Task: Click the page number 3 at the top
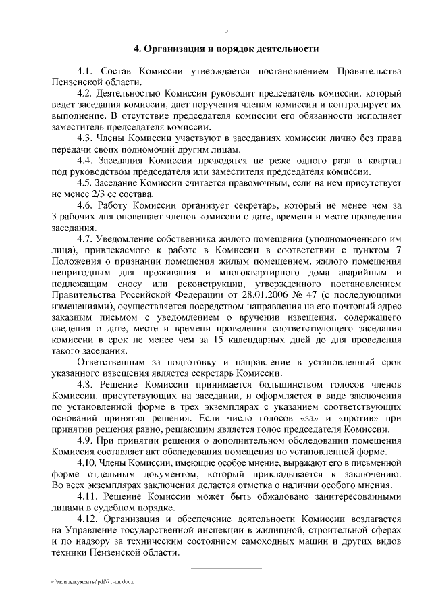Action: click(x=226, y=29)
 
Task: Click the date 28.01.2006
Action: click(x=252, y=296)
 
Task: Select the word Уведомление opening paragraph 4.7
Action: click(x=130, y=240)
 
